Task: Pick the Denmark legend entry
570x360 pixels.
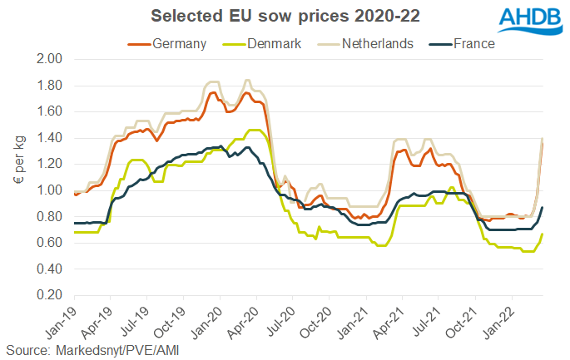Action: tap(264, 44)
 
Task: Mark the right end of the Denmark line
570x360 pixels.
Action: tap(543, 234)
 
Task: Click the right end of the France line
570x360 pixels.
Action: tap(543, 208)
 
